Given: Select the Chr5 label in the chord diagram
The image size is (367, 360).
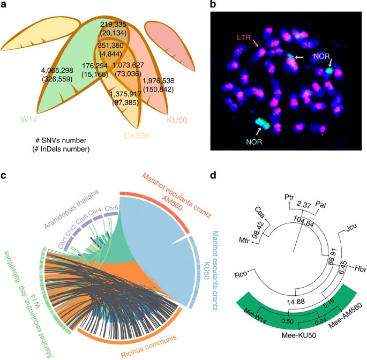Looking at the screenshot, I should [x=111, y=207].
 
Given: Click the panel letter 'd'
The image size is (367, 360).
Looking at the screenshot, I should [x=213, y=175].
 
